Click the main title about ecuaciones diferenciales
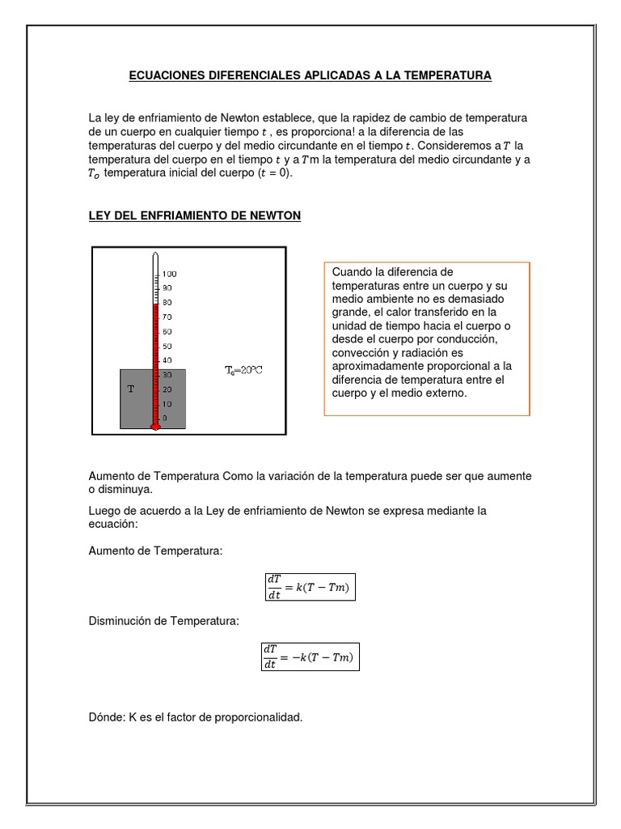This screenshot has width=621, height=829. pos(310,75)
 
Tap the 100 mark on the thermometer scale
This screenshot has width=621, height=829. pos(169,274)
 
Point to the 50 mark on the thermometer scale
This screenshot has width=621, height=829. pos(167,346)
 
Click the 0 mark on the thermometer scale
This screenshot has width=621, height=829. pos(165,418)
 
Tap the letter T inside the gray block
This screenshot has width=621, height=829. pos(131,389)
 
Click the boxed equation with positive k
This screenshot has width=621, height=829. pos(310,587)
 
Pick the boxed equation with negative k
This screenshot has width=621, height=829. pos(310,655)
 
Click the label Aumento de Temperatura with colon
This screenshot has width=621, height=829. pos(154,551)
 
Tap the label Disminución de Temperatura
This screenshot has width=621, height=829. pos(164,621)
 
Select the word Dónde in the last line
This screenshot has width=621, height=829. pos(106,716)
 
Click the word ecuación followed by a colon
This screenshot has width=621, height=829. pos(113,524)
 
